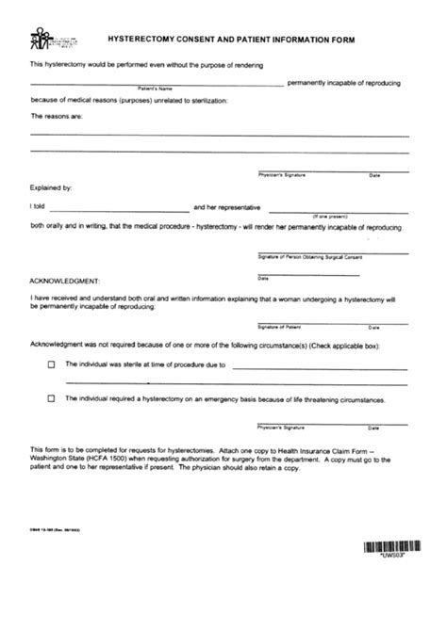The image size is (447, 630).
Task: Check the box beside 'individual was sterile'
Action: click(52, 365)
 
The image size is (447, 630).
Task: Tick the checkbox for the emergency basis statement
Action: click(52, 399)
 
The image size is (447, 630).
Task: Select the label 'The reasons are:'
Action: click(58, 116)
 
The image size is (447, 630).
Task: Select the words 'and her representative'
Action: click(226, 207)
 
